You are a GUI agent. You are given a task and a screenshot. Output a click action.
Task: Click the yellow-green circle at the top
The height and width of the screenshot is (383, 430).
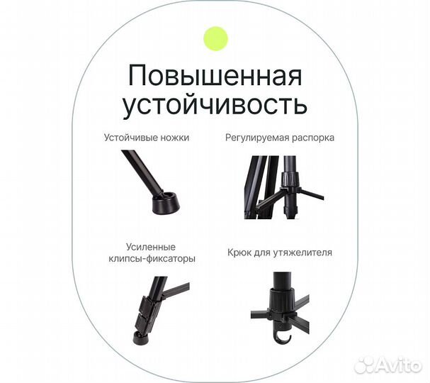215,38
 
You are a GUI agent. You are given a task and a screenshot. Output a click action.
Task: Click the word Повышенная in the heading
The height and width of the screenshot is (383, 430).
215,75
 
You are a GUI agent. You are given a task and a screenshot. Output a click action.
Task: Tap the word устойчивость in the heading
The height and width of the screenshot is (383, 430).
215,104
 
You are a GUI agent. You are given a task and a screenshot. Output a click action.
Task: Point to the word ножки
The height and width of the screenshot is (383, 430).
174,138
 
